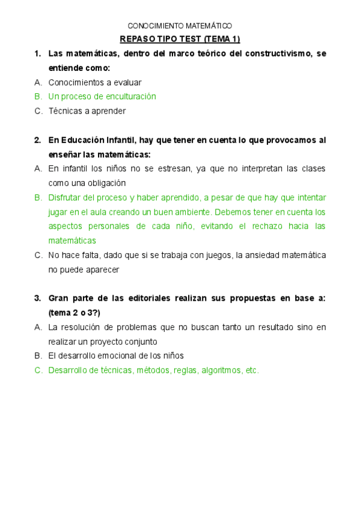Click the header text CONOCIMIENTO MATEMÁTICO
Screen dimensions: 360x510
point(180,26)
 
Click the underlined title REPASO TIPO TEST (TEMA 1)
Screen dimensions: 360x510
point(180,40)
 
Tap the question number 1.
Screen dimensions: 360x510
point(37,54)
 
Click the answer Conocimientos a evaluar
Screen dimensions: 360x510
point(94,82)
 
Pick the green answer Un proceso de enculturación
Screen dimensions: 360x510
point(102,97)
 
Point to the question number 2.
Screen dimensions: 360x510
point(37,140)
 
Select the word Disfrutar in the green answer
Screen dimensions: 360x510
point(66,198)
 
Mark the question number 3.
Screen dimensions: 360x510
point(37,299)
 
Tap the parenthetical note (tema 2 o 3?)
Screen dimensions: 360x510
point(74,313)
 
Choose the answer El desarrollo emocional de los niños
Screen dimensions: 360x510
point(115,356)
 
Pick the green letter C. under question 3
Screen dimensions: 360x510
point(38,370)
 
